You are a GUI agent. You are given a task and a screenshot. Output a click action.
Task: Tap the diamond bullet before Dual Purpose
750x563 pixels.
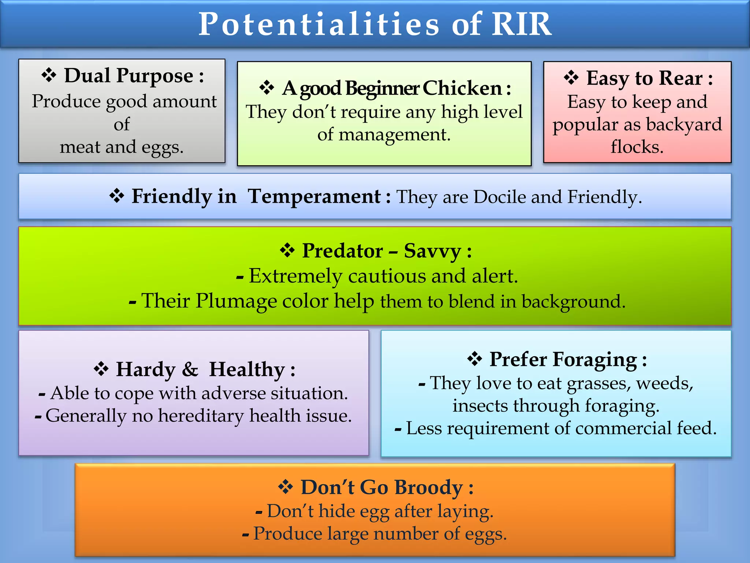click(x=49, y=75)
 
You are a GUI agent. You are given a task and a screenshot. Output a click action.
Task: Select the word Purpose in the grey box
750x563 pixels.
click(x=155, y=76)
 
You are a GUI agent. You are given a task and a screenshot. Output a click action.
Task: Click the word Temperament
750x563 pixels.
click(x=314, y=196)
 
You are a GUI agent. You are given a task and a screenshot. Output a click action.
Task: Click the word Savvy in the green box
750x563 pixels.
click(x=432, y=251)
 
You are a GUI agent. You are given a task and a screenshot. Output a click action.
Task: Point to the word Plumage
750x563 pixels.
click(x=235, y=301)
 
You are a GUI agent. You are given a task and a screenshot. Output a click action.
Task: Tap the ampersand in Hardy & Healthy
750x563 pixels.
click(x=190, y=369)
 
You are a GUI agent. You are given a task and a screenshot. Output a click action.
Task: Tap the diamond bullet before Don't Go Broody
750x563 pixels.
click(x=285, y=487)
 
